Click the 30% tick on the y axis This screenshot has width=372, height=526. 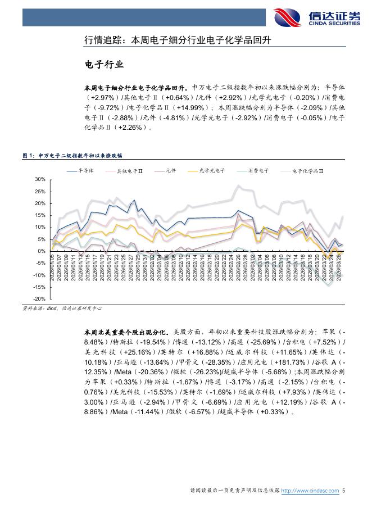(x=39, y=179)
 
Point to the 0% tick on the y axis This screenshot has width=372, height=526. (x=41, y=251)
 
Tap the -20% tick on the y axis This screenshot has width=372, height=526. (x=39, y=299)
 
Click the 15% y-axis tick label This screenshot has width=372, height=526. (x=39, y=215)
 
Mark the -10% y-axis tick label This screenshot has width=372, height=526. (x=39, y=275)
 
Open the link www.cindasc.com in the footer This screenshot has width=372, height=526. (x=310, y=491)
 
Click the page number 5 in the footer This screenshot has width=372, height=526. (x=343, y=491)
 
